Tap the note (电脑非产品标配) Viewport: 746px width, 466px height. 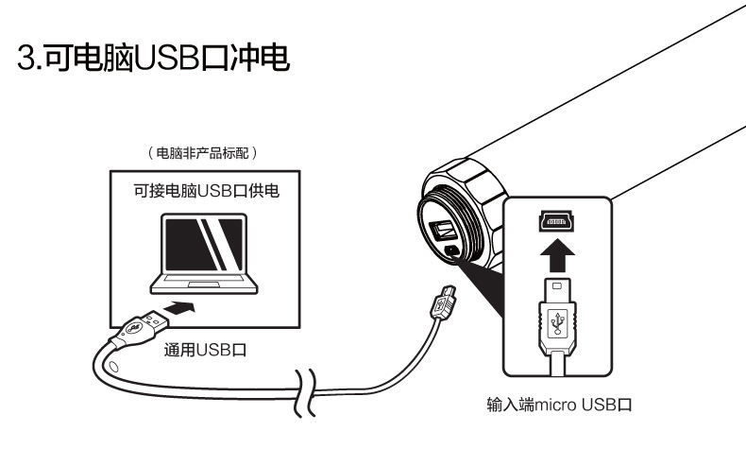pyautogui.click(x=202, y=152)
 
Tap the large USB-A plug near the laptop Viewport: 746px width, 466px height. pyautogui.click(x=135, y=327)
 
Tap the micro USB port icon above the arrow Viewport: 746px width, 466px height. pyautogui.click(x=556, y=221)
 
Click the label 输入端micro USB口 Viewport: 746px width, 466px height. pyautogui.click(x=554, y=406)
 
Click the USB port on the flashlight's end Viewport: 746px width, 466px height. pyautogui.click(x=441, y=230)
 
